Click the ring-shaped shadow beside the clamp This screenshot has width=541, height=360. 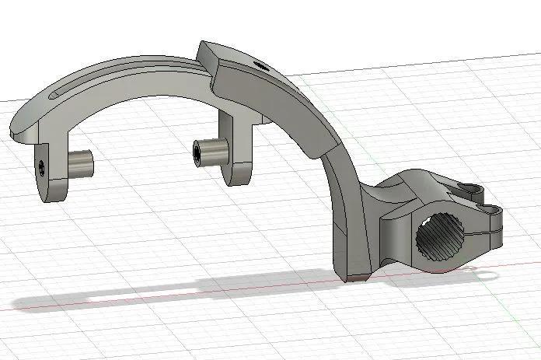pyautogui.click(x=482, y=272)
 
